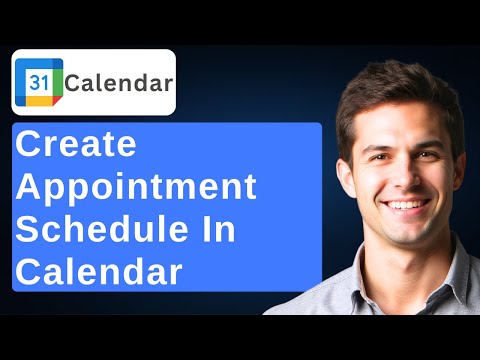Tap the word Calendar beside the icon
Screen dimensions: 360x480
pyautogui.click(x=119, y=82)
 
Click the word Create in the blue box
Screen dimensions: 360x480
pyautogui.click(x=76, y=147)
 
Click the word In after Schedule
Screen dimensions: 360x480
pyautogui.click(x=219, y=230)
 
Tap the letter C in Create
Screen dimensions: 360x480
pyautogui.click(x=32, y=147)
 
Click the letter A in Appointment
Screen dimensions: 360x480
pyautogui.click(x=32, y=188)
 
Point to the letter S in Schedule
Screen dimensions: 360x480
pyautogui.click(x=30, y=230)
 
